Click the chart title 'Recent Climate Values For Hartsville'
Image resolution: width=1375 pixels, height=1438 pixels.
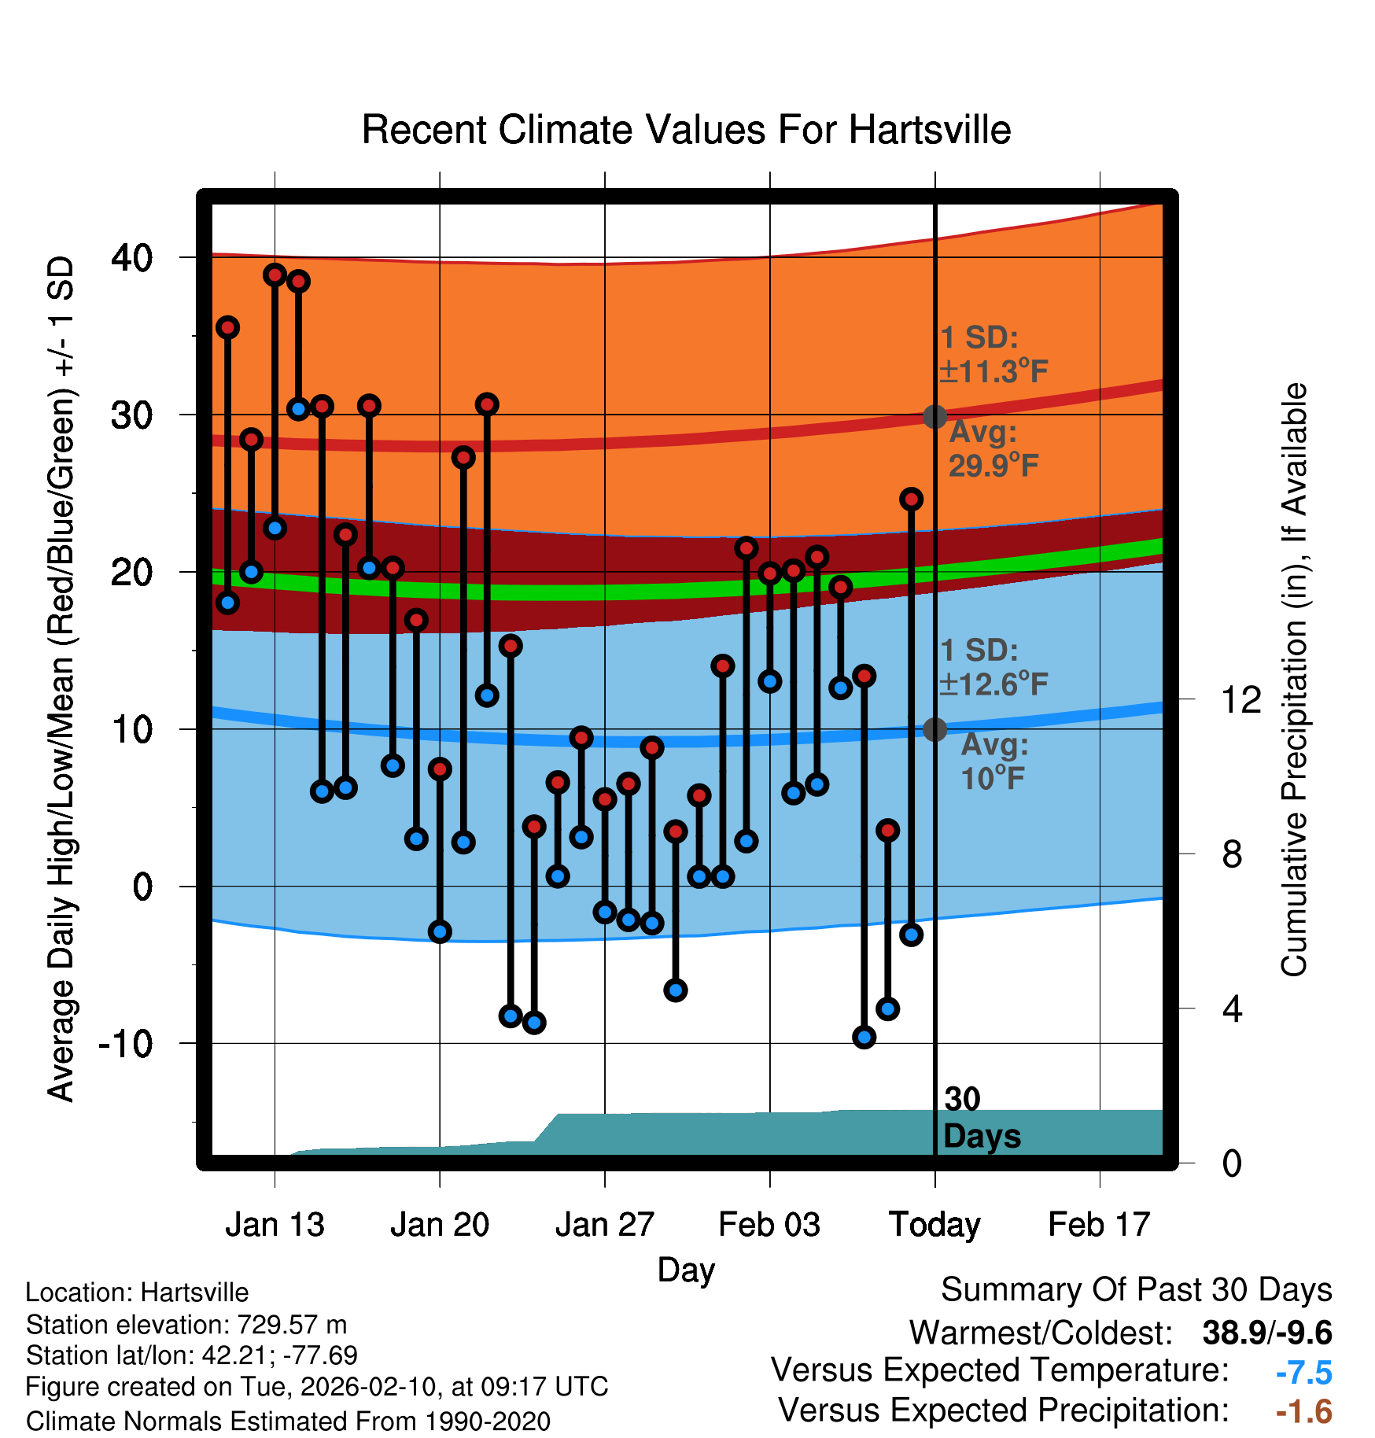tap(686, 130)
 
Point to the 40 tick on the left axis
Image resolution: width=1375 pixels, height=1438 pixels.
tap(132, 257)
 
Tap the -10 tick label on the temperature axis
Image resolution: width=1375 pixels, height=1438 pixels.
tap(125, 1044)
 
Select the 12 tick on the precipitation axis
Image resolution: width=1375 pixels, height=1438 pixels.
tap(1240, 699)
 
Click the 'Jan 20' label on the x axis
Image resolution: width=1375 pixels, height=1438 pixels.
tap(439, 1225)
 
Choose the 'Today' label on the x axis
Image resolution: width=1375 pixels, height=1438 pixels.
tap(934, 1225)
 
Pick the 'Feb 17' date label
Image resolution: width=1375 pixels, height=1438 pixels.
tap(1099, 1225)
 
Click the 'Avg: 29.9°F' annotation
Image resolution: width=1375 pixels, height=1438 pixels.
tap(993, 449)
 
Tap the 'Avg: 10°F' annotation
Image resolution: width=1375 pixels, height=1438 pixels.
tap(993, 761)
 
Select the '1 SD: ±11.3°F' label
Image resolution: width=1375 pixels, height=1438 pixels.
tap(993, 355)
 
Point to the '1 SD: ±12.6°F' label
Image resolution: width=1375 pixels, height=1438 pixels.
tap(993, 668)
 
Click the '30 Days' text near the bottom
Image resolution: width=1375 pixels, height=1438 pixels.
tap(980, 1118)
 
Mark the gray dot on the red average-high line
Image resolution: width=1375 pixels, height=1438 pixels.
tap(934, 416)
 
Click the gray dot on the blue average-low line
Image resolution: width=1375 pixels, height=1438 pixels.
tap(934, 729)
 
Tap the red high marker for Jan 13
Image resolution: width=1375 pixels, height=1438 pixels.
tap(275, 275)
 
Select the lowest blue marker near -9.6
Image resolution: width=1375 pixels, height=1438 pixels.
tap(864, 1037)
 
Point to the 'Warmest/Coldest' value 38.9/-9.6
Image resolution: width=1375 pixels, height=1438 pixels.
tap(1266, 1333)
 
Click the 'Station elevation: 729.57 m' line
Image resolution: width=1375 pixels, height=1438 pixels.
tap(186, 1325)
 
